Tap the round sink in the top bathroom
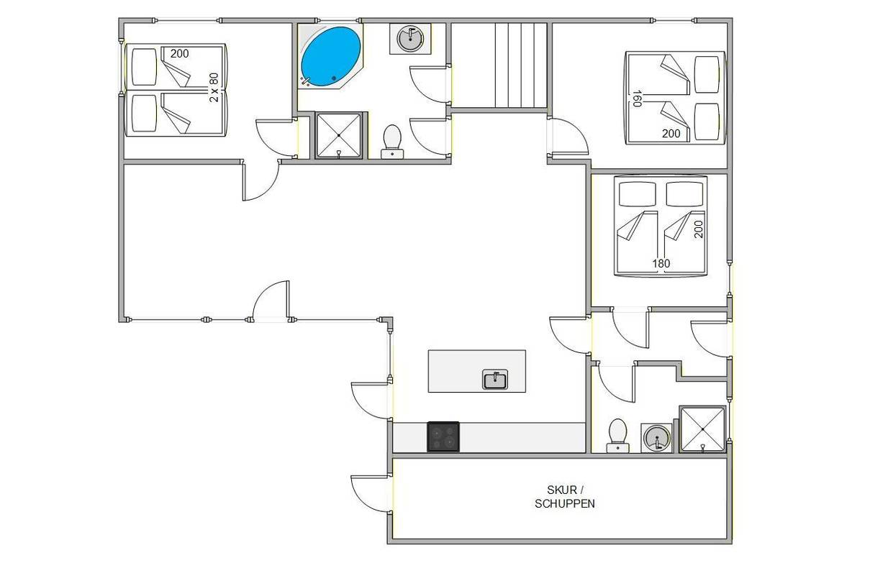click(x=410, y=38)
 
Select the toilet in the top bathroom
click(x=392, y=142)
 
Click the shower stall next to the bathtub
click(x=338, y=135)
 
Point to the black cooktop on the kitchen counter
click(x=443, y=436)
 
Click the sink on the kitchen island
click(x=495, y=380)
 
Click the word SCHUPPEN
click(x=565, y=503)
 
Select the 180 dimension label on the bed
click(x=661, y=263)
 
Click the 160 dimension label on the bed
click(x=637, y=99)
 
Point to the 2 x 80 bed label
click(x=214, y=88)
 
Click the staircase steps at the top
click(x=521, y=65)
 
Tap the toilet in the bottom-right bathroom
click(x=617, y=436)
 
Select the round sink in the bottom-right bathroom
click(x=657, y=438)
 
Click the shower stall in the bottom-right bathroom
click(x=702, y=429)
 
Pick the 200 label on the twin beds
click(x=180, y=53)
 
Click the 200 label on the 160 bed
click(x=671, y=134)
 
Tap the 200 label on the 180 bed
click(x=699, y=229)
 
